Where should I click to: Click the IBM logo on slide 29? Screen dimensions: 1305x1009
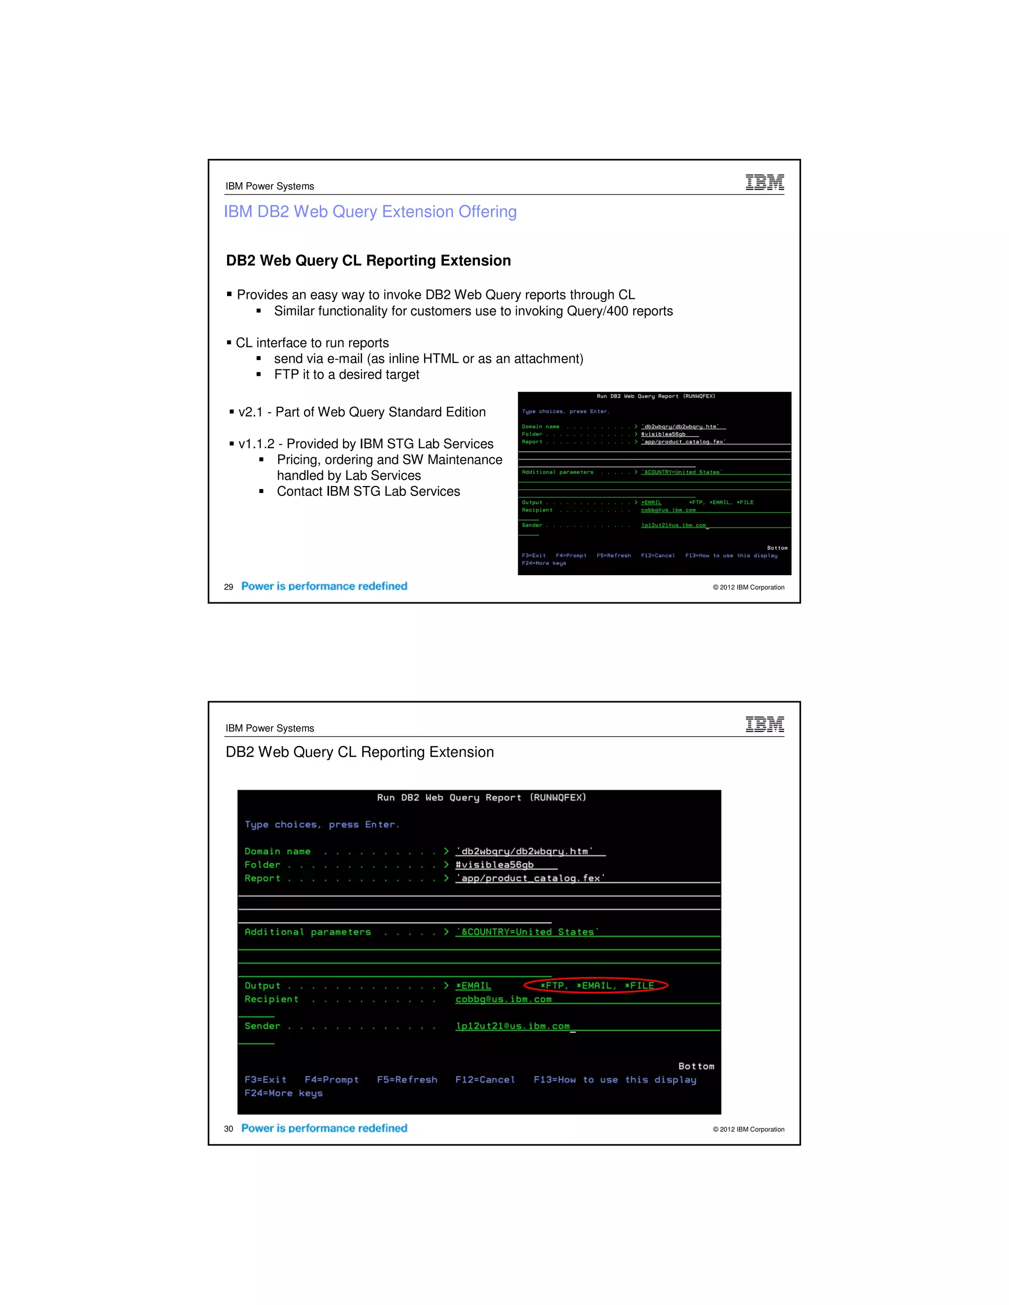point(765,182)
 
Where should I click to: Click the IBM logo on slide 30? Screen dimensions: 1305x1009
point(765,724)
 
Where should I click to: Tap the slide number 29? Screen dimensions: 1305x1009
point(228,587)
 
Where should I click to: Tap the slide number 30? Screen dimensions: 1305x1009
point(228,1129)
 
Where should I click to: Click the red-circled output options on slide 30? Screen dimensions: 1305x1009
point(596,986)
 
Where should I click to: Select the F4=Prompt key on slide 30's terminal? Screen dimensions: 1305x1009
point(332,1080)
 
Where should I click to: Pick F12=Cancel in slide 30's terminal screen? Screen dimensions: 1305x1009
point(485,1080)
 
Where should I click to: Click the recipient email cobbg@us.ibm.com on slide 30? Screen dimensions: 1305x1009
point(504,999)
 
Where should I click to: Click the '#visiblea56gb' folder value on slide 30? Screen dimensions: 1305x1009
point(494,865)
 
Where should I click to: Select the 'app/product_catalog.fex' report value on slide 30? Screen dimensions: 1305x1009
point(530,879)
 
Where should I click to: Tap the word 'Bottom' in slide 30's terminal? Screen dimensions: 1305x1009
point(696,1066)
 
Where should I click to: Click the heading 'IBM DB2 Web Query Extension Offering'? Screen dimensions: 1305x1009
point(370,212)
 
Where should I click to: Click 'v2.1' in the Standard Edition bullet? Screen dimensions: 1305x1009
point(250,412)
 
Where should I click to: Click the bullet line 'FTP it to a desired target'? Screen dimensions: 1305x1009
point(347,375)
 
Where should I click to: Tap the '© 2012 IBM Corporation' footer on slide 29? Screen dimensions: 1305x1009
point(748,587)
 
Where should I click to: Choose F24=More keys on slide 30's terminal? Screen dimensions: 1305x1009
point(283,1093)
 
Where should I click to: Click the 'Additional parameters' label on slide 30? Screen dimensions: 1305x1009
point(307,932)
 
